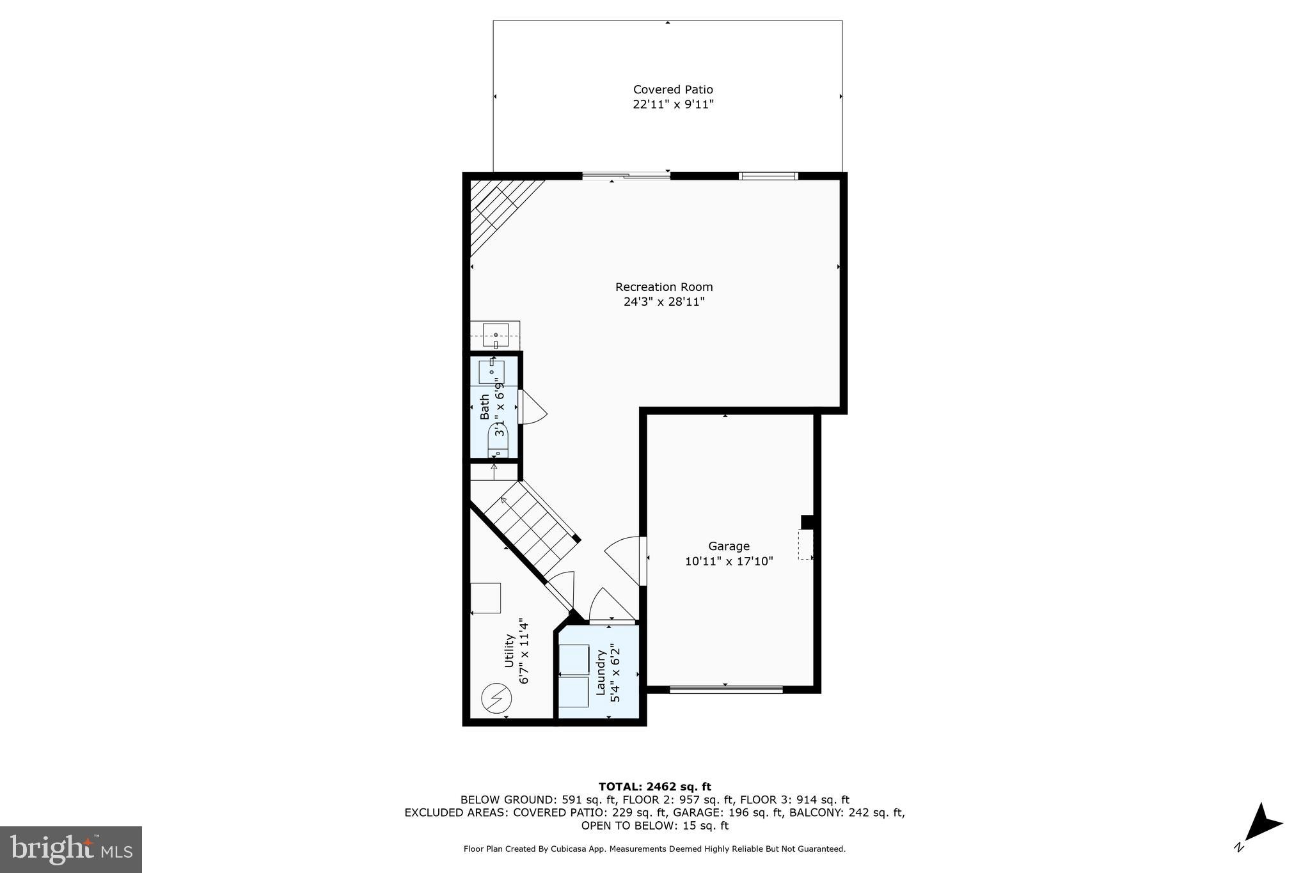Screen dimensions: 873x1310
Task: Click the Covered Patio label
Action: (x=673, y=90)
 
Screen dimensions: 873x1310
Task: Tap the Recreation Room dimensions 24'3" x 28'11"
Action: (x=664, y=302)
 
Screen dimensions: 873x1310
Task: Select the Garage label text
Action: (x=729, y=546)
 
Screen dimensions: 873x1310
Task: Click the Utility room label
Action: (x=510, y=650)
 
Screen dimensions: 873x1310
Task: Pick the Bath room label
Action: (x=485, y=407)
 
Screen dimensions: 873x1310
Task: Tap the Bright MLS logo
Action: (x=71, y=849)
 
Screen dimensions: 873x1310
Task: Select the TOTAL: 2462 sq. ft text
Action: (x=654, y=787)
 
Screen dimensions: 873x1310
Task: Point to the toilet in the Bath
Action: (x=498, y=442)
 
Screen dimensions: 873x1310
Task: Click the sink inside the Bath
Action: (x=492, y=372)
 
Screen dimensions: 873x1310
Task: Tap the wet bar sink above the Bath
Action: (x=496, y=334)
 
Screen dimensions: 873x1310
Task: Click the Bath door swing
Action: (x=533, y=408)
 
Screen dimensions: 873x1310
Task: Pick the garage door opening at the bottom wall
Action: (x=726, y=689)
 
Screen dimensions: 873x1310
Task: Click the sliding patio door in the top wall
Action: (x=626, y=176)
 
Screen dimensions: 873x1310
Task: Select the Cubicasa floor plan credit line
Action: (x=654, y=849)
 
